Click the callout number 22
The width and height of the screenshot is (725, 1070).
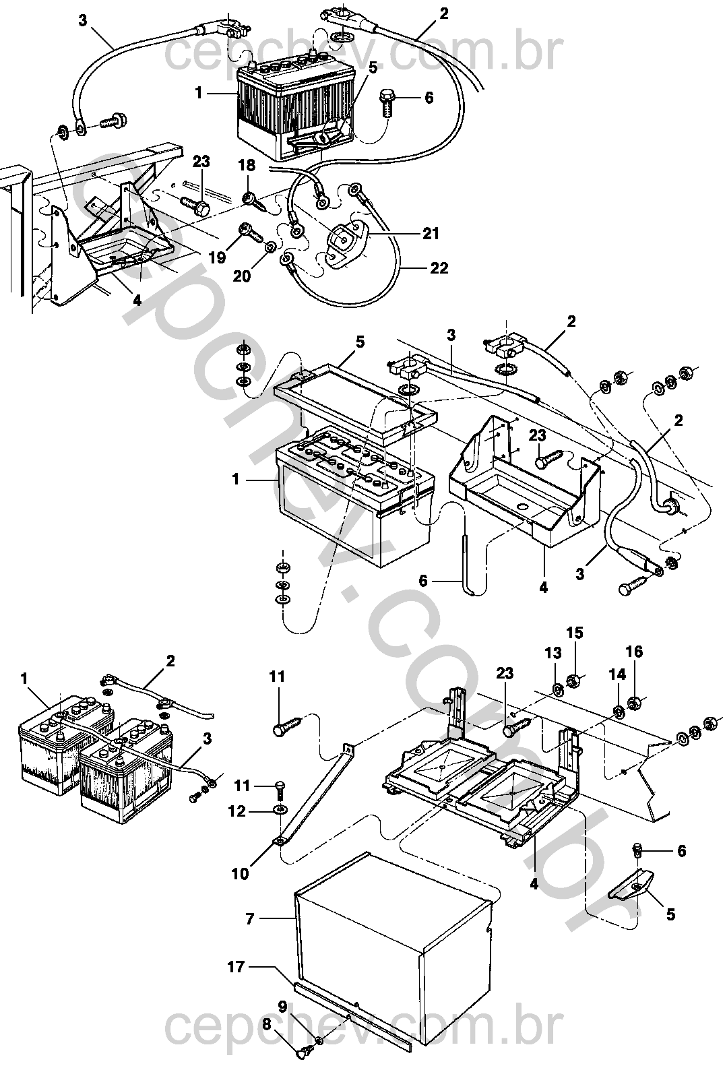(439, 268)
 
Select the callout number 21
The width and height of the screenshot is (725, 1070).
(431, 234)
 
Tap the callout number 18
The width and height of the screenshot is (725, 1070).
(247, 166)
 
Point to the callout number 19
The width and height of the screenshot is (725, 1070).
(218, 258)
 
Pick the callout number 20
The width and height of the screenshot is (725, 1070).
(242, 276)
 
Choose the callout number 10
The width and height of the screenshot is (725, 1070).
(241, 874)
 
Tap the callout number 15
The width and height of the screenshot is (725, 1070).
(575, 633)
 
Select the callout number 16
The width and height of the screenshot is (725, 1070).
(634, 652)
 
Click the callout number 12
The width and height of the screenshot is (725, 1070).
(237, 811)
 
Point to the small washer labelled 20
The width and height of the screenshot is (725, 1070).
(270, 247)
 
